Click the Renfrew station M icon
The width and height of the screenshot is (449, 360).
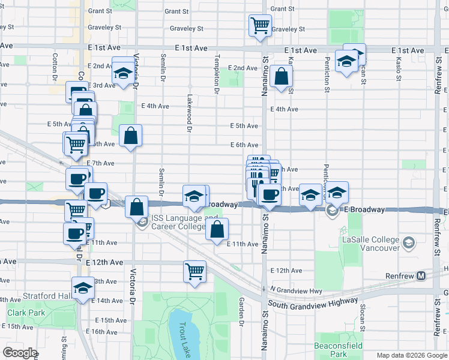[421, 275]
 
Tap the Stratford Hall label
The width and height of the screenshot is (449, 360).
[47, 296]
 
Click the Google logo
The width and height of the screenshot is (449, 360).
[20, 353]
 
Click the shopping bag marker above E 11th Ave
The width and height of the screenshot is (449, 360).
[217, 229]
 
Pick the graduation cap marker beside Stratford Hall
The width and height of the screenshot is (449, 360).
[83, 287]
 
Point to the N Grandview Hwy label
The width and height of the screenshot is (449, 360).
[296, 290]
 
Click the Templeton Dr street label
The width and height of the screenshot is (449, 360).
[217, 75]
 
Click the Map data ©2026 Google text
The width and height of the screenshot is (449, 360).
[411, 355]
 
